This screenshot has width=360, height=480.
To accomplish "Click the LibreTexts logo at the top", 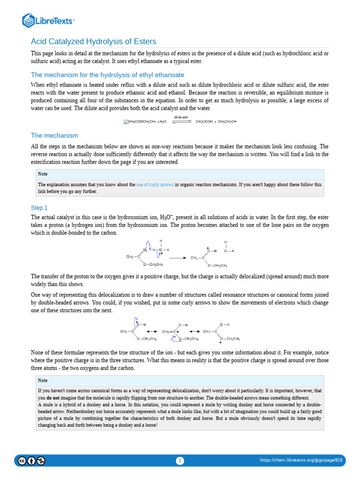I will point(48,20).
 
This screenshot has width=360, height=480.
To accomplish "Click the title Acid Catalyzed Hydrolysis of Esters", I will point(93,42).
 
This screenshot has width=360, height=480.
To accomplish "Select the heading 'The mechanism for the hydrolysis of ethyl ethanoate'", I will point(107,75).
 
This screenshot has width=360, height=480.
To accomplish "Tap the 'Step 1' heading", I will point(39,208).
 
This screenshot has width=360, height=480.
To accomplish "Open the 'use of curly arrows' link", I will point(155,185).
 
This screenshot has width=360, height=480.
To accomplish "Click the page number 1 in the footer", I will point(180,461).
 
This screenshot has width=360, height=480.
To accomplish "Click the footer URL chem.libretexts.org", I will point(301,460).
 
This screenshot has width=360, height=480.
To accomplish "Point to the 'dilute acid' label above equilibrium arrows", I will point(181,116).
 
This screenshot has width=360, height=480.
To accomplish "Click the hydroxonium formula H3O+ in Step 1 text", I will point(166,217).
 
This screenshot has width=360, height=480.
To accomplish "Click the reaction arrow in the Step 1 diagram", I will point(177,258).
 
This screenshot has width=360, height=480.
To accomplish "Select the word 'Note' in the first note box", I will point(43,174).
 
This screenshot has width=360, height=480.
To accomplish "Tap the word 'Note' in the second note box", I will point(43,381).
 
